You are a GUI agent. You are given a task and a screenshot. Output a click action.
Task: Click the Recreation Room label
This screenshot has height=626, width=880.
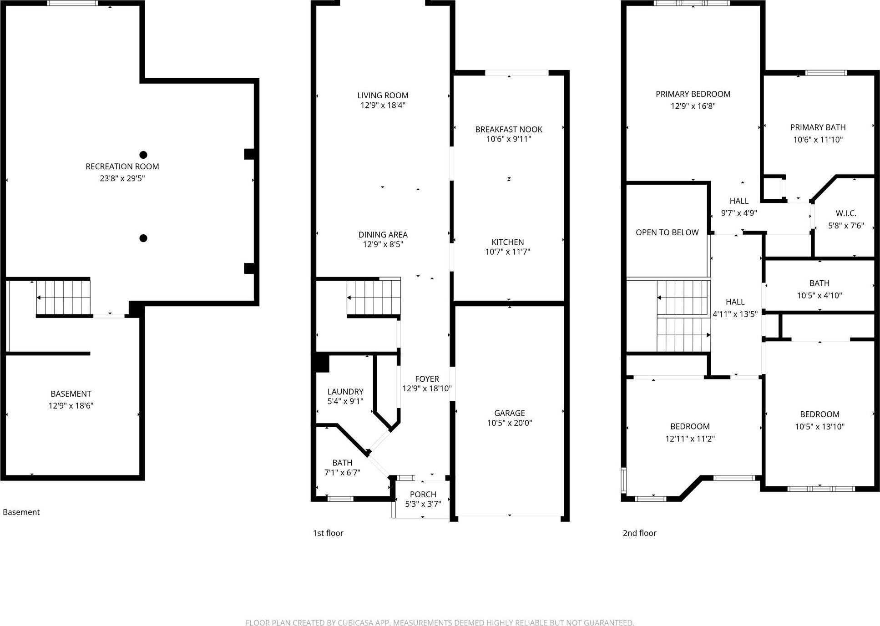pos(122,167)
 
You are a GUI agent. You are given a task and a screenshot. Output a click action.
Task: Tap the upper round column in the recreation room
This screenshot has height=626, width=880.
pos(143,155)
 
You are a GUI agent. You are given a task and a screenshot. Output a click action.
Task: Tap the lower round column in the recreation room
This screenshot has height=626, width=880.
pos(143,238)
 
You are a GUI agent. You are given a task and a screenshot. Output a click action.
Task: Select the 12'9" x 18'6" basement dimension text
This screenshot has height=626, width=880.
pos(71,406)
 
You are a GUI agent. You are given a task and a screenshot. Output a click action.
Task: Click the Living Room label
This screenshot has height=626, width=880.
pos(383,96)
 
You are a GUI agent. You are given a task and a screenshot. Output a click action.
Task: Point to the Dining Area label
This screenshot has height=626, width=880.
pos(383,235)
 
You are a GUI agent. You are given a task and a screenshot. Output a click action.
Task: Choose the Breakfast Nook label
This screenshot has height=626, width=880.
pos(509,130)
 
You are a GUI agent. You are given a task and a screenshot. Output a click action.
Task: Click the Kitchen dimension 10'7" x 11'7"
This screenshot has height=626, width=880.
pos(508,252)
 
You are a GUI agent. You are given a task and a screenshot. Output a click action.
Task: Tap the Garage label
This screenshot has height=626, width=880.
pos(509,413)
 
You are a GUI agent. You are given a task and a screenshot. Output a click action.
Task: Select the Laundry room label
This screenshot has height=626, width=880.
pos(345,392)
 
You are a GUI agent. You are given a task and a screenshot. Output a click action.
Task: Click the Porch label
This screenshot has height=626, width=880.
pos(423,495)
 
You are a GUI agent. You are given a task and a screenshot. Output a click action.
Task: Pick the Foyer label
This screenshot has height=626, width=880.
pos(427,379)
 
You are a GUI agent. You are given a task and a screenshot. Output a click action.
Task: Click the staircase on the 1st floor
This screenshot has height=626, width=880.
pos(374,298)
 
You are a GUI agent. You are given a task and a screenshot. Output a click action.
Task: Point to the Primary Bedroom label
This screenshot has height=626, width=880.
pos(693,94)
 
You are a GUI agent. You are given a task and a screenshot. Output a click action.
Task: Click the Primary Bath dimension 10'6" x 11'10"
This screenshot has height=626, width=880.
pos(818,140)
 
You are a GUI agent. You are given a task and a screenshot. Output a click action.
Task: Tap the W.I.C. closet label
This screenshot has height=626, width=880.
pos(846,213)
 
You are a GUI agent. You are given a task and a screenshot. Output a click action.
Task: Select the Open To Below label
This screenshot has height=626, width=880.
pos(667,232)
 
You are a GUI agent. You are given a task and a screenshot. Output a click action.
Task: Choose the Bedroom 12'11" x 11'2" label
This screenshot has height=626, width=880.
pos(690,427)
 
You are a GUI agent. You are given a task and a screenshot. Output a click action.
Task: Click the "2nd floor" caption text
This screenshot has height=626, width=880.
pos(639,533)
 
